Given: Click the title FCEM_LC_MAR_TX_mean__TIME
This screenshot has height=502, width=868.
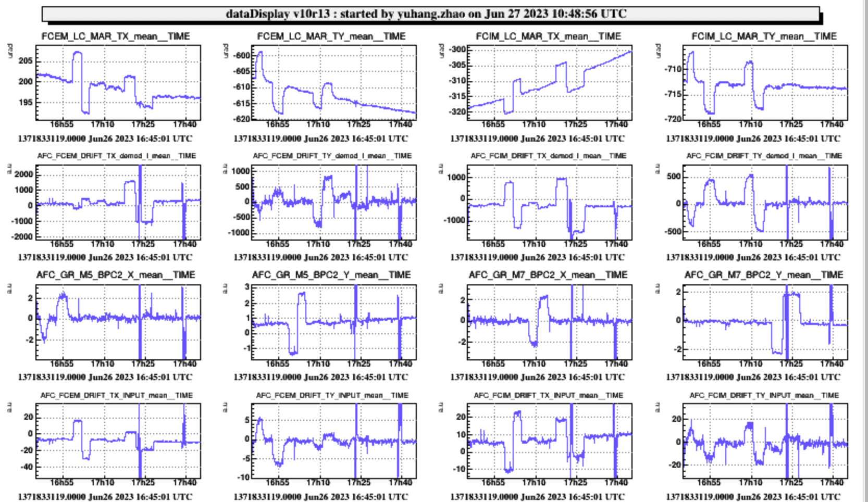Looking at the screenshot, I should click(116, 36).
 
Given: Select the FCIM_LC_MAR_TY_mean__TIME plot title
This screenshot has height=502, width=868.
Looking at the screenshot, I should click(764, 36).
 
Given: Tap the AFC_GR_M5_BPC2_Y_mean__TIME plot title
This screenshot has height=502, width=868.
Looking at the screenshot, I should click(331, 275).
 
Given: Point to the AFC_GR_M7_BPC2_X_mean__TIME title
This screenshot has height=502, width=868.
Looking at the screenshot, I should click(548, 275).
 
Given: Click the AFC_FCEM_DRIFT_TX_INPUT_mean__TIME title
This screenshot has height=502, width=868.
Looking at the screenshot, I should click(117, 395).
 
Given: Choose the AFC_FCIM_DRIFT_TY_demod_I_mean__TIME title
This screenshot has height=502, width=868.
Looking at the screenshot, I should click(764, 156).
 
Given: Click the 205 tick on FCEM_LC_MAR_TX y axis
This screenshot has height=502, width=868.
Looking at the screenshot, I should click(26, 60).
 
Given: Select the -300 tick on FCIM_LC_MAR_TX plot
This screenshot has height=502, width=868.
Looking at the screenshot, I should click(458, 49).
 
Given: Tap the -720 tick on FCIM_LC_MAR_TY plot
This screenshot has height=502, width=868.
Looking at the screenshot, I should click(674, 119).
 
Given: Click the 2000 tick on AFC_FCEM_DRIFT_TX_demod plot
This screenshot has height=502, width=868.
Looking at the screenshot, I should click(24, 174).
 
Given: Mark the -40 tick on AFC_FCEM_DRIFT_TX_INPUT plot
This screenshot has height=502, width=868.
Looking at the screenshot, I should click(27, 467).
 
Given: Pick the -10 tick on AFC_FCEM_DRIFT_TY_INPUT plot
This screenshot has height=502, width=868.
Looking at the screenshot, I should click(244, 477).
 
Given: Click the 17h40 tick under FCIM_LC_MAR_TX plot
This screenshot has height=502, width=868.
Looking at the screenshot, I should click(616, 124).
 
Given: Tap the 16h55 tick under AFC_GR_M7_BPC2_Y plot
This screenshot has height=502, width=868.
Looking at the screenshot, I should click(709, 364).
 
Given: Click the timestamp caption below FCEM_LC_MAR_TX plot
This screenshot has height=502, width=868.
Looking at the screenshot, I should click(105, 139).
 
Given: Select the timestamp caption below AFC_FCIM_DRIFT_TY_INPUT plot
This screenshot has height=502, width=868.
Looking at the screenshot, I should click(753, 497).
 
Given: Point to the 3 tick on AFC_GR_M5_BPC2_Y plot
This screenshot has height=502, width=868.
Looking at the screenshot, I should click(247, 287).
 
